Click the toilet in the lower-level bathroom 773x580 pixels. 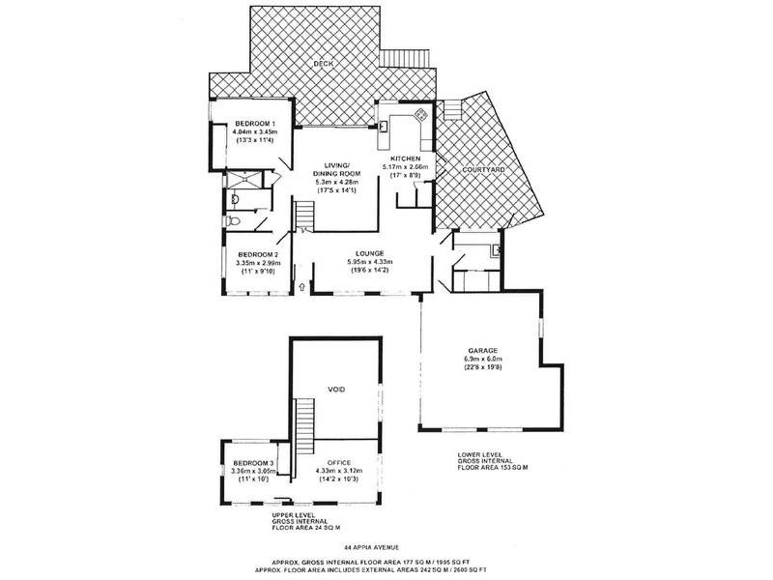pyautogui.click(x=236, y=222)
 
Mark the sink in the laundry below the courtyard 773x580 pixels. pyautogui.click(x=495, y=250)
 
